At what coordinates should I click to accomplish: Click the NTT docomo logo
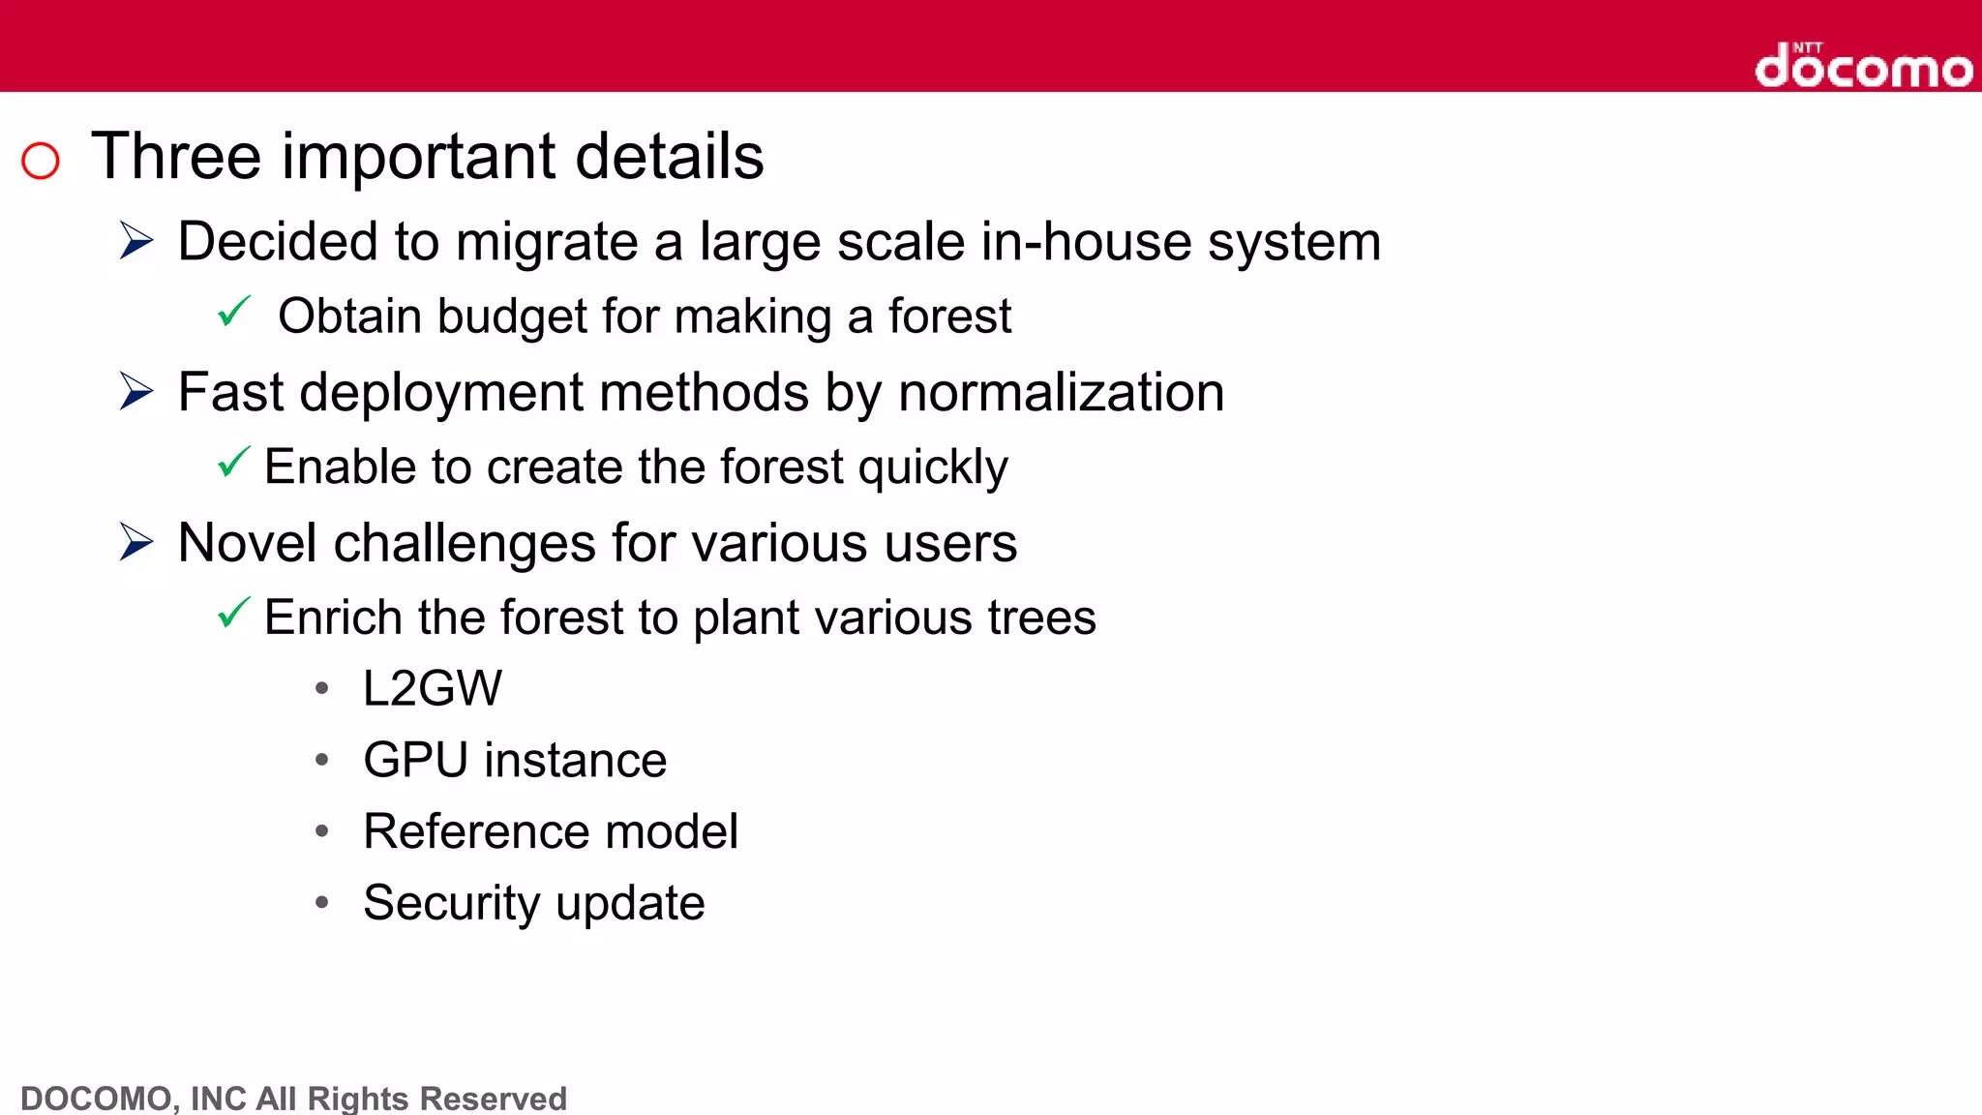[1863, 67]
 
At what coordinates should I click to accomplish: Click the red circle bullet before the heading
[41, 161]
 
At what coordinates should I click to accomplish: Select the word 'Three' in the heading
[176, 157]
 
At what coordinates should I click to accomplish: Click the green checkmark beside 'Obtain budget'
[234, 312]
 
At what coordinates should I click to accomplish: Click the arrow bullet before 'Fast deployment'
[136, 391]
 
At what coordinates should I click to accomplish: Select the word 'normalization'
[1061, 393]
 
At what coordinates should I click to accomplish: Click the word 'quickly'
[933, 468]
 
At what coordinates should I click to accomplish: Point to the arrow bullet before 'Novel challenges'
[136, 542]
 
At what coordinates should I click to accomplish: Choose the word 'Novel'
[247, 543]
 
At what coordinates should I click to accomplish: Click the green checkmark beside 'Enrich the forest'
[234, 613]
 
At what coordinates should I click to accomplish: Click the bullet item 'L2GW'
[433, 689]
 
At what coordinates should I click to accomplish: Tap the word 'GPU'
[415, 760]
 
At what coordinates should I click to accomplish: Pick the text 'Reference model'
[550, 831]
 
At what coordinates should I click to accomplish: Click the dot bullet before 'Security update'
[322, 903]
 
